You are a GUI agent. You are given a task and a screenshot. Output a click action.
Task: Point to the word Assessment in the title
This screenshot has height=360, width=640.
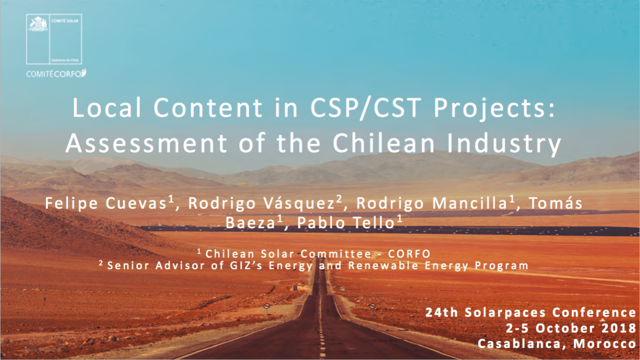click(145, 143)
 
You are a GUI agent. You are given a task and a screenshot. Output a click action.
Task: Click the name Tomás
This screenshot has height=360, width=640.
click(555, 203)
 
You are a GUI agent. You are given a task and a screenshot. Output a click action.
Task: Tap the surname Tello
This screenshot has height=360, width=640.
click(373, 223)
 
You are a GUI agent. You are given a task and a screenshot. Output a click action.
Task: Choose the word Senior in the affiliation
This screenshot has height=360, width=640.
click(128, 265)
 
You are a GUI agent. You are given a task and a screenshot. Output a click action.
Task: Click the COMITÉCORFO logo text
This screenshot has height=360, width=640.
click(55, 73)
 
